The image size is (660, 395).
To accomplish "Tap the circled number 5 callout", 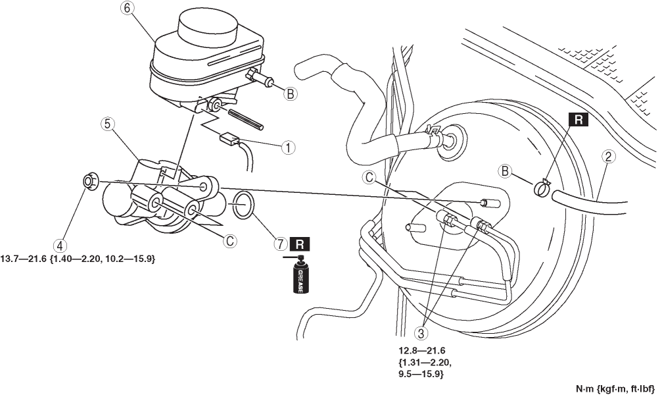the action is pyautogui.click(x=107, y=124).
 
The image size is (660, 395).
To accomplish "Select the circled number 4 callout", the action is pyautogui.click(x=60, y=245).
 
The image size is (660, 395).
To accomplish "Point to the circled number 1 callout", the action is pyautogui.click(x=289, y=147).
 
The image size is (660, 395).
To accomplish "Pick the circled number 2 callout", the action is pyautogui.click(x=608, y=157).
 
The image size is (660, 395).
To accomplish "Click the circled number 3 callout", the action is pyautogui.click(x=421, y=333).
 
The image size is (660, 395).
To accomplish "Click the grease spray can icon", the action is pyautogui.click(x=299, y=275).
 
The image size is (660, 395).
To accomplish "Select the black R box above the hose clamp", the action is pyautogui.click(x=578, y=120).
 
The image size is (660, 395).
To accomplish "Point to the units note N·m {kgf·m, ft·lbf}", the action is pyautogui.click(x=615, y=388).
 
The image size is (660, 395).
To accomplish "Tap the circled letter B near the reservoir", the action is pyautogui.click(x=290, y=94).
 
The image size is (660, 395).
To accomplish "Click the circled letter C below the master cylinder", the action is pyautogui.click(x=230, y=241).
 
